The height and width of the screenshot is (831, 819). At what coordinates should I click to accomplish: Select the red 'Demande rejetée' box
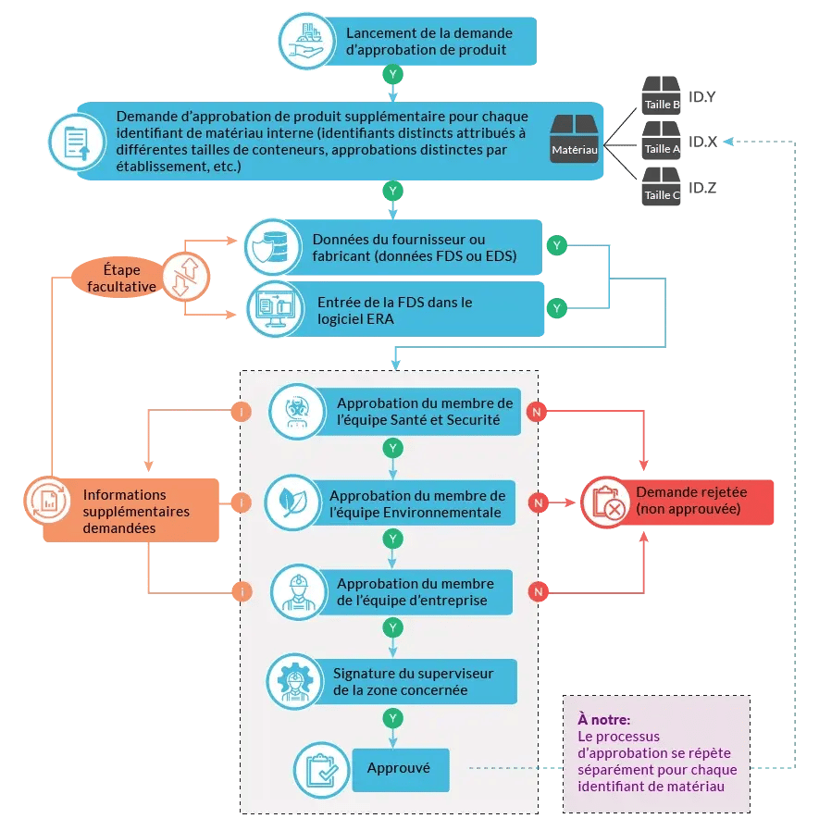click(690, 502)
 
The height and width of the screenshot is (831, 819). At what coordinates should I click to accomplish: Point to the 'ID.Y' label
click(703, 96)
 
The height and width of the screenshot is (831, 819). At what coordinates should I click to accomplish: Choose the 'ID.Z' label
click(703, 188)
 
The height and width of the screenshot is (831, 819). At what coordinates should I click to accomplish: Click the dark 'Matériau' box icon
click(575, 139)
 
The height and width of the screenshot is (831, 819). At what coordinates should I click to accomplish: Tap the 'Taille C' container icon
click(662, 187)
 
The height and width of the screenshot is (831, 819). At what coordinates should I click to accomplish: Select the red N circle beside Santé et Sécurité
click(537, 410)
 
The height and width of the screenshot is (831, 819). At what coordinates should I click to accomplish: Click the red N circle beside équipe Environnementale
click(537, 502)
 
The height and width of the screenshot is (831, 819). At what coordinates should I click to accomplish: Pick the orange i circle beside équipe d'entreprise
click(241, 591)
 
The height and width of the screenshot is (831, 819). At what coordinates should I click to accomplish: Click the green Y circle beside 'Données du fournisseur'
click(556, 245)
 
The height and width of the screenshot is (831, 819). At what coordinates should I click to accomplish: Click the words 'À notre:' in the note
click(603, 719)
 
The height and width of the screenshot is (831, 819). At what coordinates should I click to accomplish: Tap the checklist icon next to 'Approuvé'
click(319, 769)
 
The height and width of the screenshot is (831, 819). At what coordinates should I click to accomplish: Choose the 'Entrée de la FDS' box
click(416, 310)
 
